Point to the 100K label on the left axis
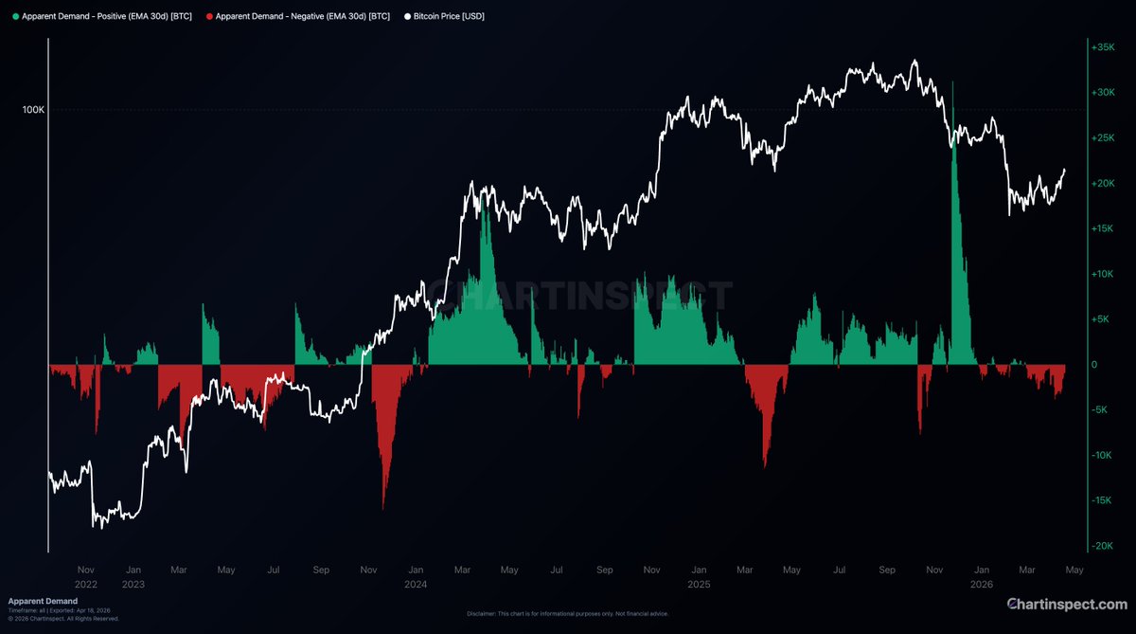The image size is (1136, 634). [x=33, y=110]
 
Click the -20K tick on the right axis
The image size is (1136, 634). [x=1101, y=546]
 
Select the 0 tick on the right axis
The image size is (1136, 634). [x=1095, y=365]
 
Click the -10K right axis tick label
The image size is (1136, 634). [x=1101, y=455]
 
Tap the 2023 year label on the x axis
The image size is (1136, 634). [x=133, y=585]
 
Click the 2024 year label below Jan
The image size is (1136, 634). [x=415, y=585]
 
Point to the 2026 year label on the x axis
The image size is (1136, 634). [x=982, y=585]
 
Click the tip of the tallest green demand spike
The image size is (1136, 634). [x=952, y=84]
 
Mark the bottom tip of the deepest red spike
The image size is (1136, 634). [x=383, y=509]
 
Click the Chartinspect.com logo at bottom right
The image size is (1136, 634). [x=1066, y=604]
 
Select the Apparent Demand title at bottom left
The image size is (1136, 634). [x=43, y=601]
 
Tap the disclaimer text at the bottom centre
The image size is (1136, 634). [x=568, y=614]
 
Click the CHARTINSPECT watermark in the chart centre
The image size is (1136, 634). [x=577, y=297]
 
